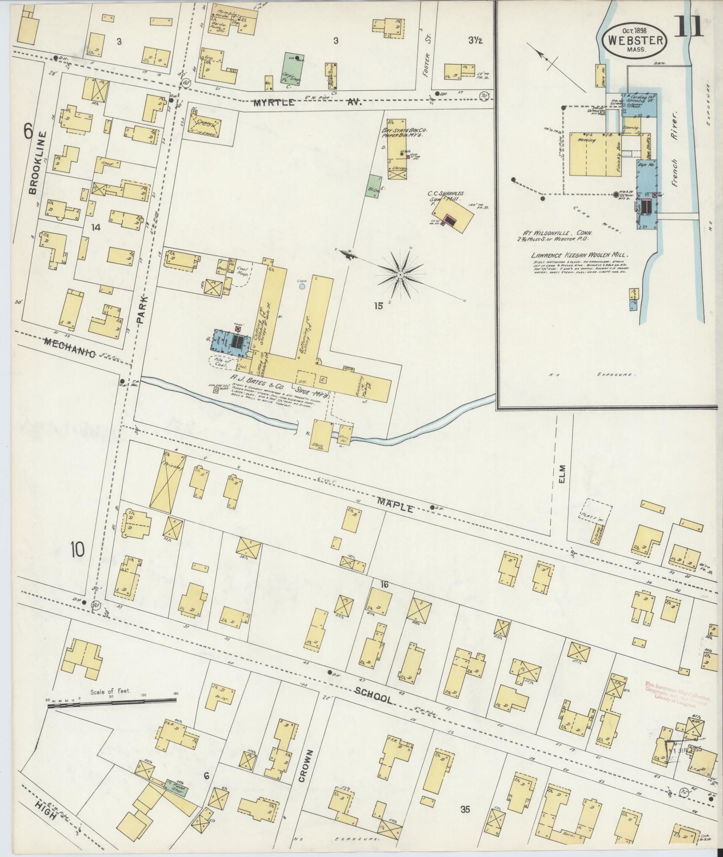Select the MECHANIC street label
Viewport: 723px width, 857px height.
(69, 348)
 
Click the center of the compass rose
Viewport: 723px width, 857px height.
(400, 274)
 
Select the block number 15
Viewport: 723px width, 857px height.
(379, 306)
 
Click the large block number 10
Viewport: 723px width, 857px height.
(77, 549)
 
